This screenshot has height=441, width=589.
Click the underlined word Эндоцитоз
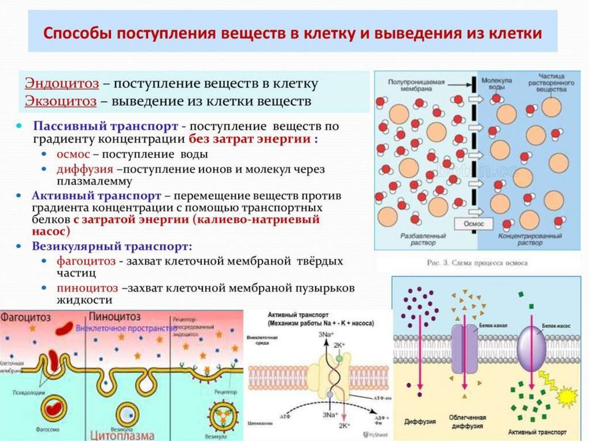pos(60,83)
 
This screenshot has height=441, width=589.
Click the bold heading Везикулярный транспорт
pos(112,246)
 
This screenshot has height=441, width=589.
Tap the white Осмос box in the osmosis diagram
pos(471,223)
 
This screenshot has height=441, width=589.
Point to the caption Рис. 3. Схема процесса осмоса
pos(478,263)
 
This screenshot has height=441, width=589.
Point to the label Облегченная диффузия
pos(468,422)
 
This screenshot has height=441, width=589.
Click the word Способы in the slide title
pos(78,33)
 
